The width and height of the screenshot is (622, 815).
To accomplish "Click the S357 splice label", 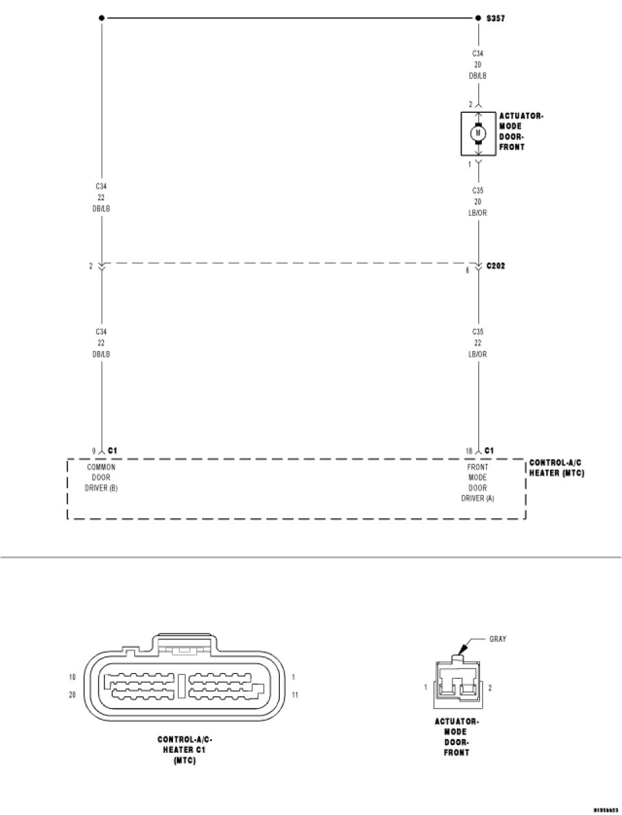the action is point(496,19).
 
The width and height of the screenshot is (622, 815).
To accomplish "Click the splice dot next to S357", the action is point(478,18).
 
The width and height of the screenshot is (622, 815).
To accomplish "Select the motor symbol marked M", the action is point(478,133).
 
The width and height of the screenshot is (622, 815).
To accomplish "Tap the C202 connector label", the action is point(496,266).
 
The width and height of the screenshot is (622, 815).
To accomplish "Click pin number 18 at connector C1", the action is point(468,451).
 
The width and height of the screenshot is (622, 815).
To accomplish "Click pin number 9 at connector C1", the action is point(93,451).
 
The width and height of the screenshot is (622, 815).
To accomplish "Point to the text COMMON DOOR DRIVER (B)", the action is point(101,477).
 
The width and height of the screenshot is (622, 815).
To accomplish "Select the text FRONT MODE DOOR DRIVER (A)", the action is point(478,482).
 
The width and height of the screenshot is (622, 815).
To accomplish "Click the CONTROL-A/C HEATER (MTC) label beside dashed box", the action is point(557,468).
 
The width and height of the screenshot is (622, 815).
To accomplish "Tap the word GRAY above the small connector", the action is point(498,639).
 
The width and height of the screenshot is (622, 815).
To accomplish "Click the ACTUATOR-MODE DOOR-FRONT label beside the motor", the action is point(521,132).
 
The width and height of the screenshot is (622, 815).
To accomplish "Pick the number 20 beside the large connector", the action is point(73,694).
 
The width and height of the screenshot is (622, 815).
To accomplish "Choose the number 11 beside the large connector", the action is point(295,694).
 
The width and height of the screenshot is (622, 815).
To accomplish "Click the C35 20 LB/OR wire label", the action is point(478,202).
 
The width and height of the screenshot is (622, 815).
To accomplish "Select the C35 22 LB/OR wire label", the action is point(478,343).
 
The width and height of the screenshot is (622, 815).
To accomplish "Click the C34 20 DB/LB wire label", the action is point(478,65).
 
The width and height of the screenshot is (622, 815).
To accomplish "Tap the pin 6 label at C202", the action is point(467,270).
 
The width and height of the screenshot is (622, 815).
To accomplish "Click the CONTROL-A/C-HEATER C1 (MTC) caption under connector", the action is point(185,750).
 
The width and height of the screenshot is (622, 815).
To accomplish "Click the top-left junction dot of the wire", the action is point(102,18).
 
